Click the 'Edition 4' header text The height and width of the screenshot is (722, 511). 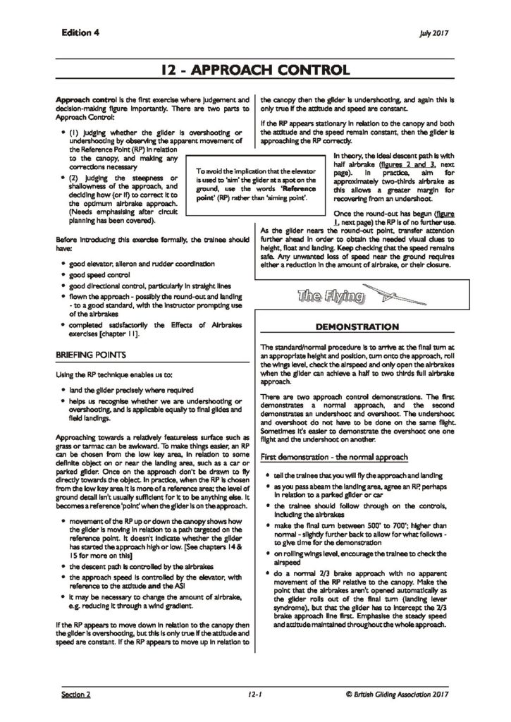pyautogui.click(x=80, y=33)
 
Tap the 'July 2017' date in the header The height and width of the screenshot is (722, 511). pyautogui.click(x=434, y=34)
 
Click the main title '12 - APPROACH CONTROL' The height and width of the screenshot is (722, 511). pyautogui.click(x=255, y=71)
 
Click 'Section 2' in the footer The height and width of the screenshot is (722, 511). pyautogui.click(x=76, y=695)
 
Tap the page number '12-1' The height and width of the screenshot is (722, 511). pyautogui.click(x=254, y=695)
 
